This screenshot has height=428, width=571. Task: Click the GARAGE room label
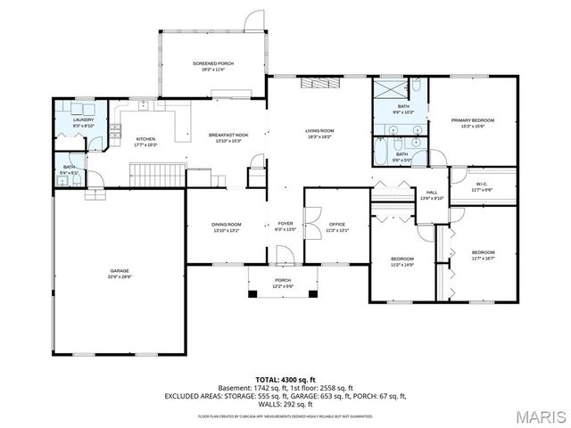120,270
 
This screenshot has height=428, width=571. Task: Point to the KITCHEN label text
145,139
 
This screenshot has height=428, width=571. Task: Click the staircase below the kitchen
157,171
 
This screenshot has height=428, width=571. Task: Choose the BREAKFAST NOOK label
228,135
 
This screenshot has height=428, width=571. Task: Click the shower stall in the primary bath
389,88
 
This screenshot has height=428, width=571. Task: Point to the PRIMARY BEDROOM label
472,120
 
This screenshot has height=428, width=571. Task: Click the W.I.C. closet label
481,185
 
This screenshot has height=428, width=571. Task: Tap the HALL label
432,193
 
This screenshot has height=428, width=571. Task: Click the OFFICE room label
336,224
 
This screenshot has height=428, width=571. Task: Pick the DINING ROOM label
227,224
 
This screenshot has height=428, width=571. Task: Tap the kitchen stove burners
114,133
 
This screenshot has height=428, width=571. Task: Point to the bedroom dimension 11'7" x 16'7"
483,259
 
